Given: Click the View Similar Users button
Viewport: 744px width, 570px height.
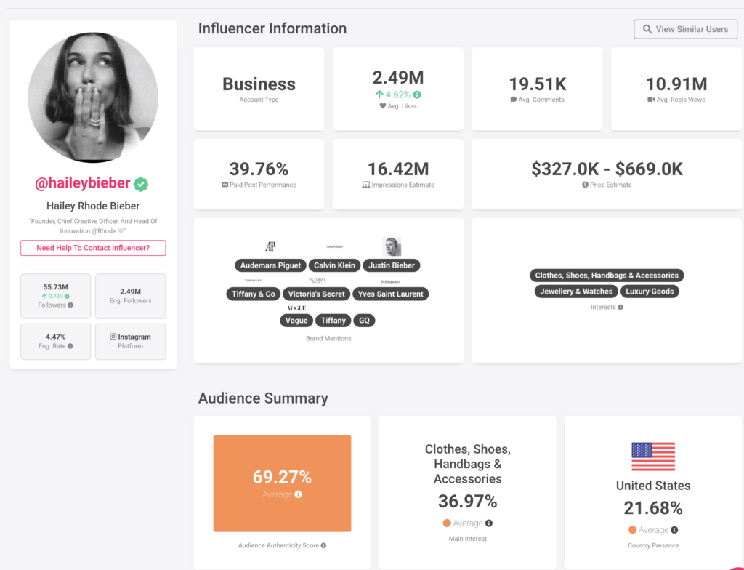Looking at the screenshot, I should pos(685,29).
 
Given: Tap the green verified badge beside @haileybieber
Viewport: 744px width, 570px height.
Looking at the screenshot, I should pos(141,185).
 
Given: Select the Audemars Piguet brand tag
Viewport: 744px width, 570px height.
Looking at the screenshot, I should pos(270,265).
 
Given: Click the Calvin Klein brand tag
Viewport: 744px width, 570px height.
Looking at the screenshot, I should pos(335,265).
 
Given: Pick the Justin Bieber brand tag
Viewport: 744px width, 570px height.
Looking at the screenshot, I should pos(392,265).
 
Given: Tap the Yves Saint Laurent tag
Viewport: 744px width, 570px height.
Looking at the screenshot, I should pos(391,294).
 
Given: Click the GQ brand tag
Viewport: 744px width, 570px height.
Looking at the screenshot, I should pos(364,321).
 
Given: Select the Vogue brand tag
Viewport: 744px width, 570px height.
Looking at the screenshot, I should pos(296,321).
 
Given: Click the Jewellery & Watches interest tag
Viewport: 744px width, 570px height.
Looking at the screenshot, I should pos(576,292).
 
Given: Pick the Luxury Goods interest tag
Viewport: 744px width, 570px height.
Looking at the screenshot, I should pos(650,292).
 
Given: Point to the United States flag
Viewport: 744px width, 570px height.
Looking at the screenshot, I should pos(653,457).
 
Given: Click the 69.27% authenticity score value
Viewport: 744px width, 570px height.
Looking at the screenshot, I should pos(282,477).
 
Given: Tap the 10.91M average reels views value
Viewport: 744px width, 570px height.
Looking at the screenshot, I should pos(676,84).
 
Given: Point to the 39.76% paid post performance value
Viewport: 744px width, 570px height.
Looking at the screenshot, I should pos(259,169).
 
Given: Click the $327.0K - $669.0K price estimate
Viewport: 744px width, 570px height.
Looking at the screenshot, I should pos(607,169).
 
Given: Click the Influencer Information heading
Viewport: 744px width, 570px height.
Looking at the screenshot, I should pos(272,29).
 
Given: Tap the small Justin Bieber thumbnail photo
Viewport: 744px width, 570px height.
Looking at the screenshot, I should pos(392,246).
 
